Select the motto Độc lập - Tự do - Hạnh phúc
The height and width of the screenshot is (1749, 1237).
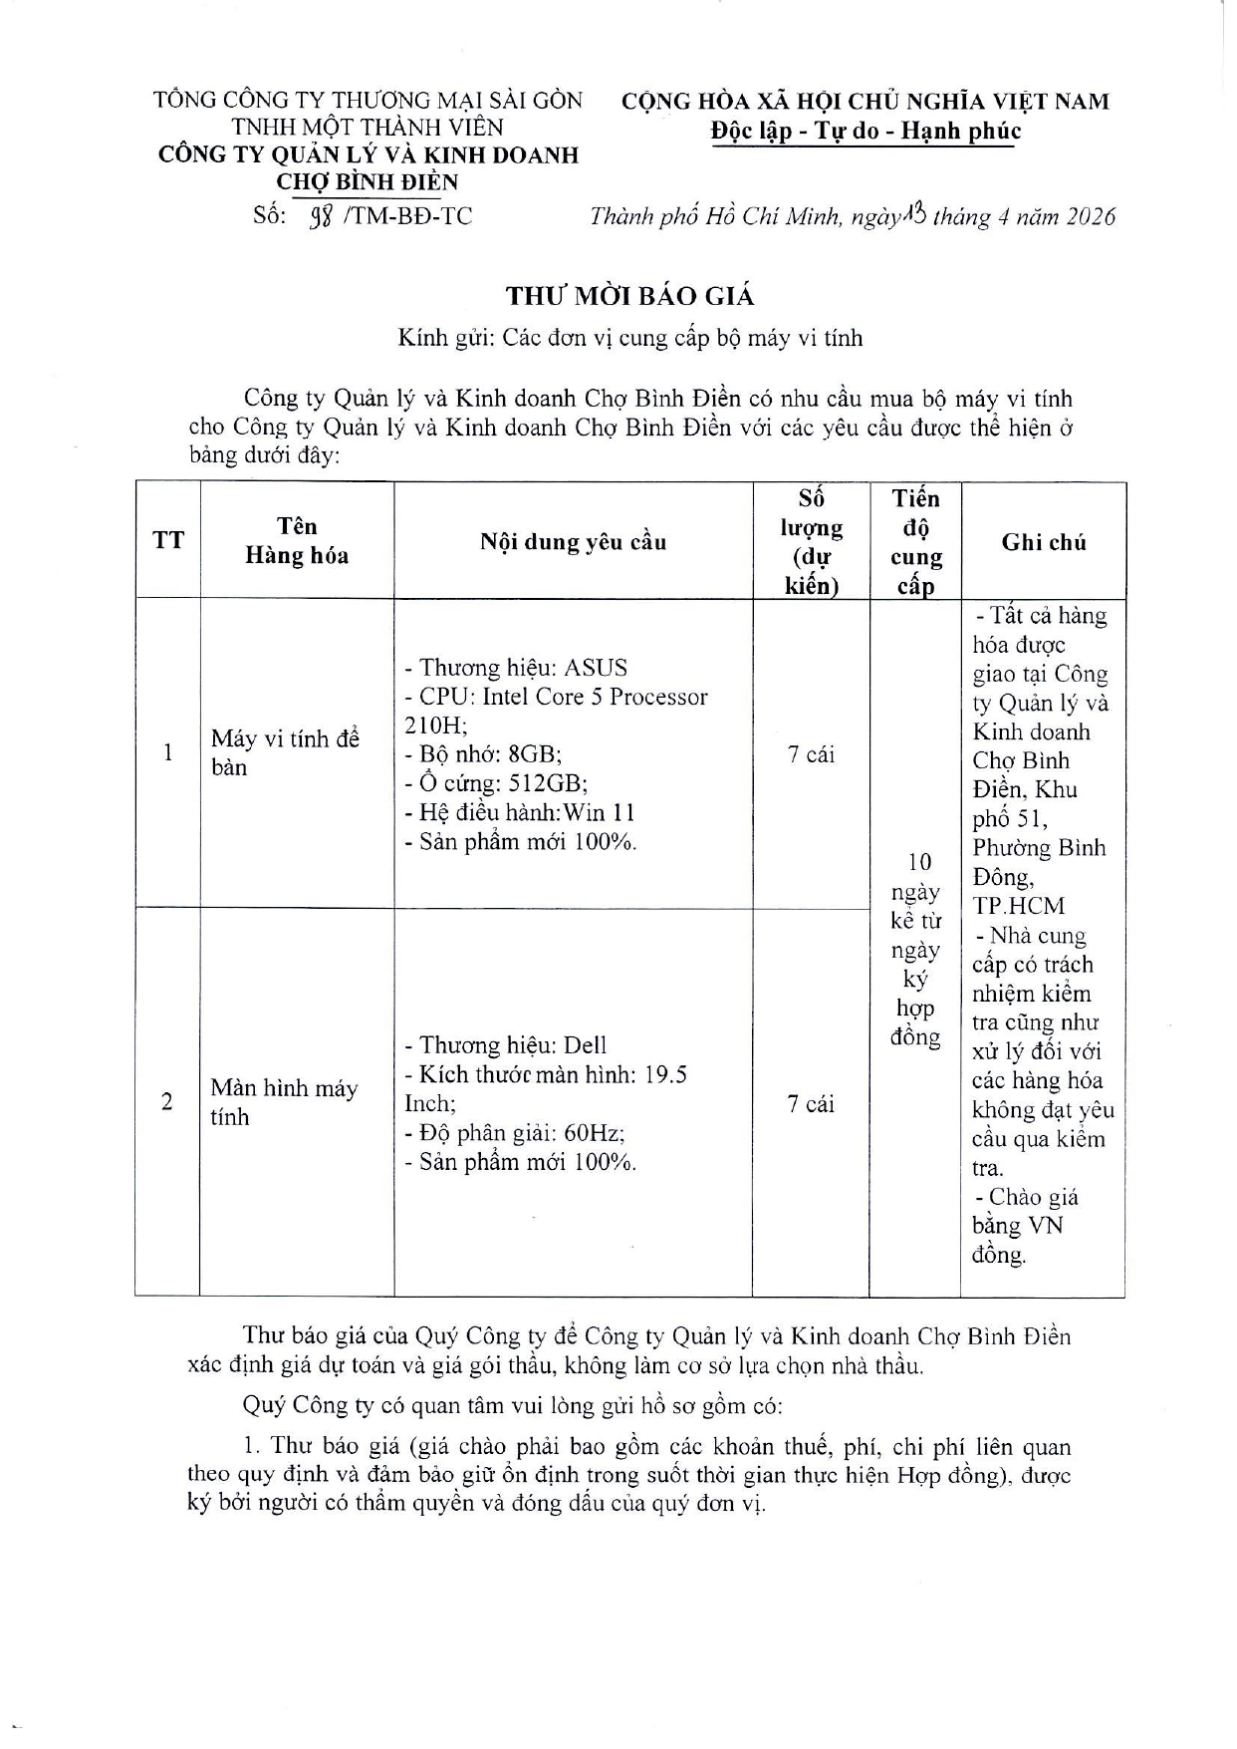click(x=866, y=131)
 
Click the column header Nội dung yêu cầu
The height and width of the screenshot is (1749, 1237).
click(x=573, y=542)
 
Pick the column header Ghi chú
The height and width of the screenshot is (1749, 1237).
click(x=1043, y=542)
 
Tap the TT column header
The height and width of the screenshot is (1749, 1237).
click(x=168, y=540)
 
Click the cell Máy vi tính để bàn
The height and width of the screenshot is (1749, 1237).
click(x=284, y=752)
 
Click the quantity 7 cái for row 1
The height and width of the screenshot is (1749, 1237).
click(x=811, y=754)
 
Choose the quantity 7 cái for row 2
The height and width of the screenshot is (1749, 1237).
click(x=811, y=1103)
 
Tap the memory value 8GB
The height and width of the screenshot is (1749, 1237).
click(x=535, y=754)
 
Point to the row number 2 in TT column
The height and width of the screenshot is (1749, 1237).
click(x=167, y=1102)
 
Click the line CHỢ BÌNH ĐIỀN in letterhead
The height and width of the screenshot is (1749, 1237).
click(x=368, y=182)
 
